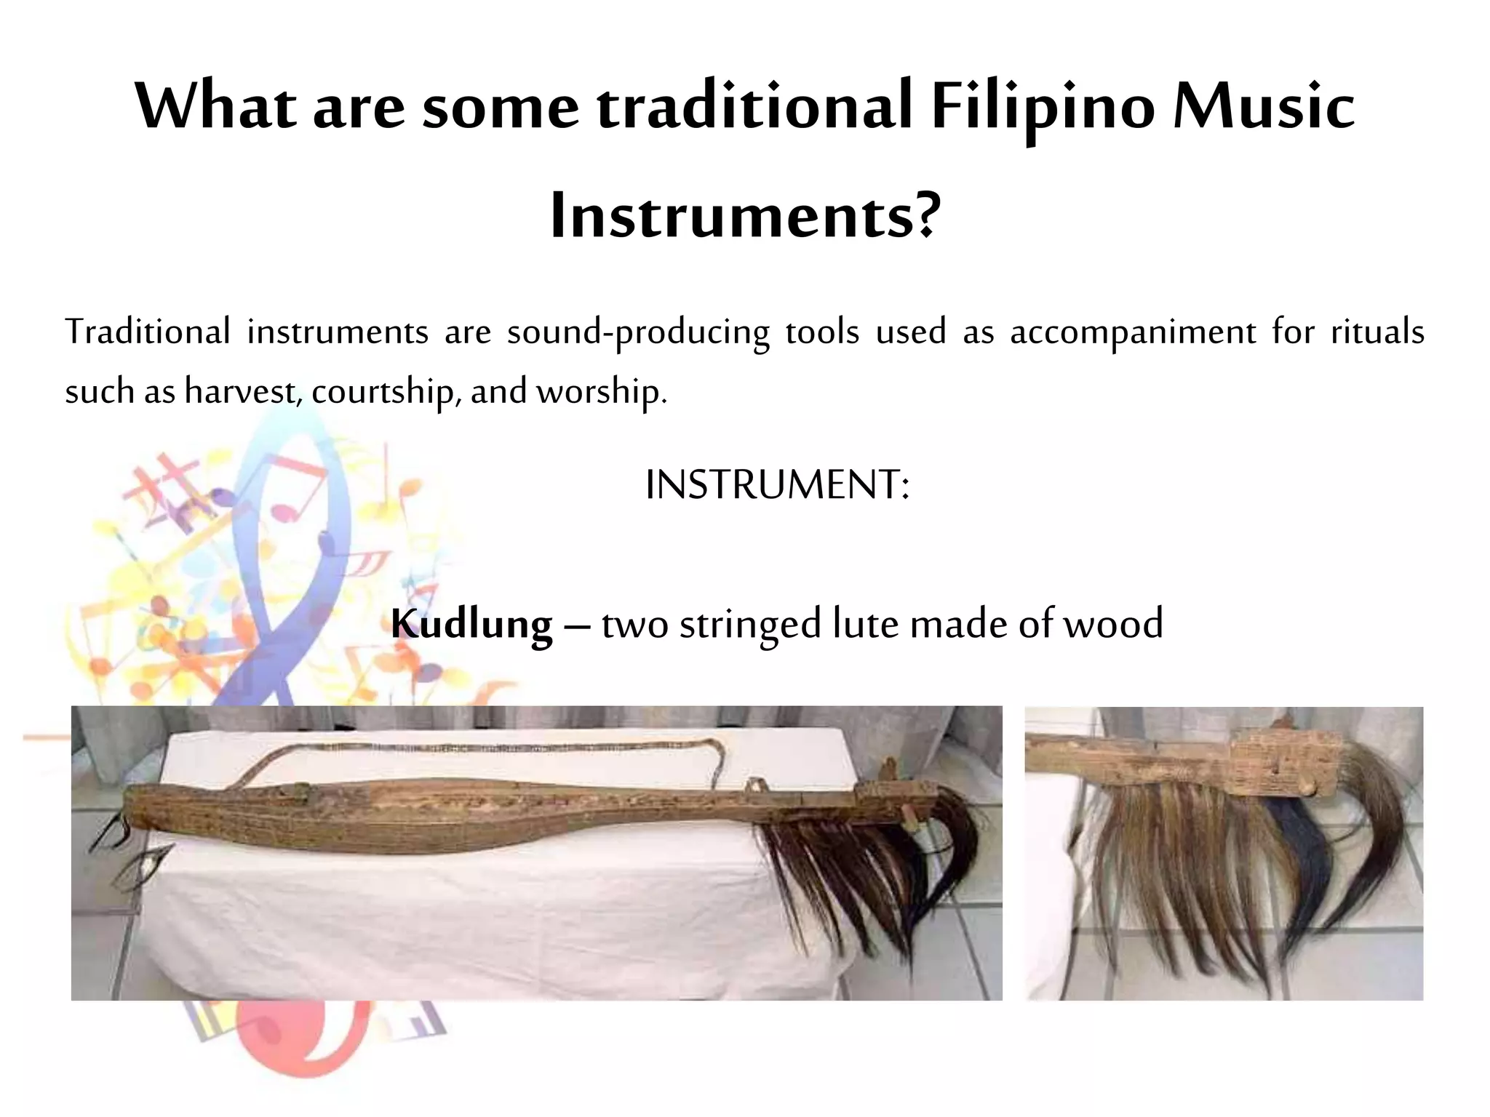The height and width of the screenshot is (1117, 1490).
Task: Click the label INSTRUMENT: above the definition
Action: click(x=777, y=485)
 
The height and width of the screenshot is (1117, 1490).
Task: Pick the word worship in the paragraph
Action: click(x=601, y=392)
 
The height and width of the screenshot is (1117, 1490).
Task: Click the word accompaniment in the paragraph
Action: click(x=1133, y=332)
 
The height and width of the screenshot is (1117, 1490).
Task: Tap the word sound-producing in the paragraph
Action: click(x=638, y=332)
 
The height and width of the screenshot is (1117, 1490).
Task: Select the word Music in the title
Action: click(x=1264, y=107)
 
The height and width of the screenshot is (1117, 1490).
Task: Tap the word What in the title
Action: click(x=215, y=107)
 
